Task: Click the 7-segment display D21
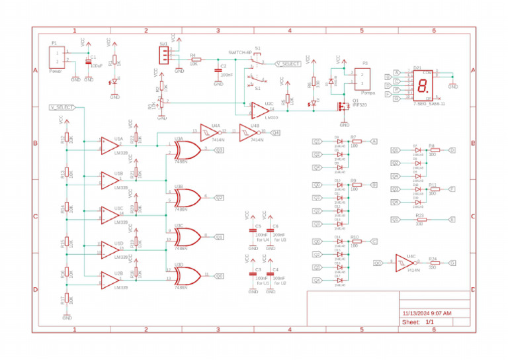419,85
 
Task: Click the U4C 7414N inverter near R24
403,263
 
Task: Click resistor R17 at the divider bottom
66,299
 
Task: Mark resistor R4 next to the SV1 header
195,60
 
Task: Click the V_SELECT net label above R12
62,107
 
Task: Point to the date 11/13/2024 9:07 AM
427,312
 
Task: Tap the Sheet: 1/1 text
418,322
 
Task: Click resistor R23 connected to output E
419,219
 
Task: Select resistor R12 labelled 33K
66,140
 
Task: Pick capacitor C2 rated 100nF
218,70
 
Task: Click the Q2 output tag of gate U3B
219,197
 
